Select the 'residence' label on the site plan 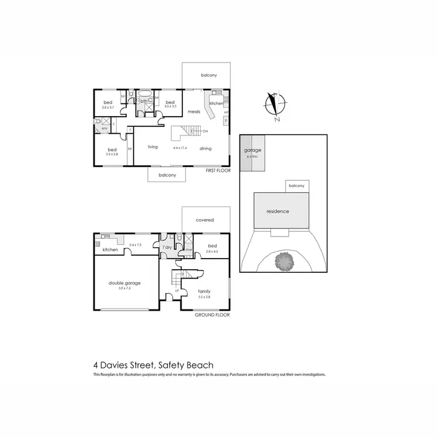point(277,211)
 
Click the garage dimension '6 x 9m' point(252,157)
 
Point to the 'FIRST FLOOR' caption point(219,171)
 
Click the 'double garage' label point(124,283)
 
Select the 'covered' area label point(204,220)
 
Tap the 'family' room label point(204,291)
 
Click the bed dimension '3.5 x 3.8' point(112,154)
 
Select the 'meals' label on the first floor point(194,112)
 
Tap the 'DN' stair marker point(206,132)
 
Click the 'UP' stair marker point(177,290)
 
